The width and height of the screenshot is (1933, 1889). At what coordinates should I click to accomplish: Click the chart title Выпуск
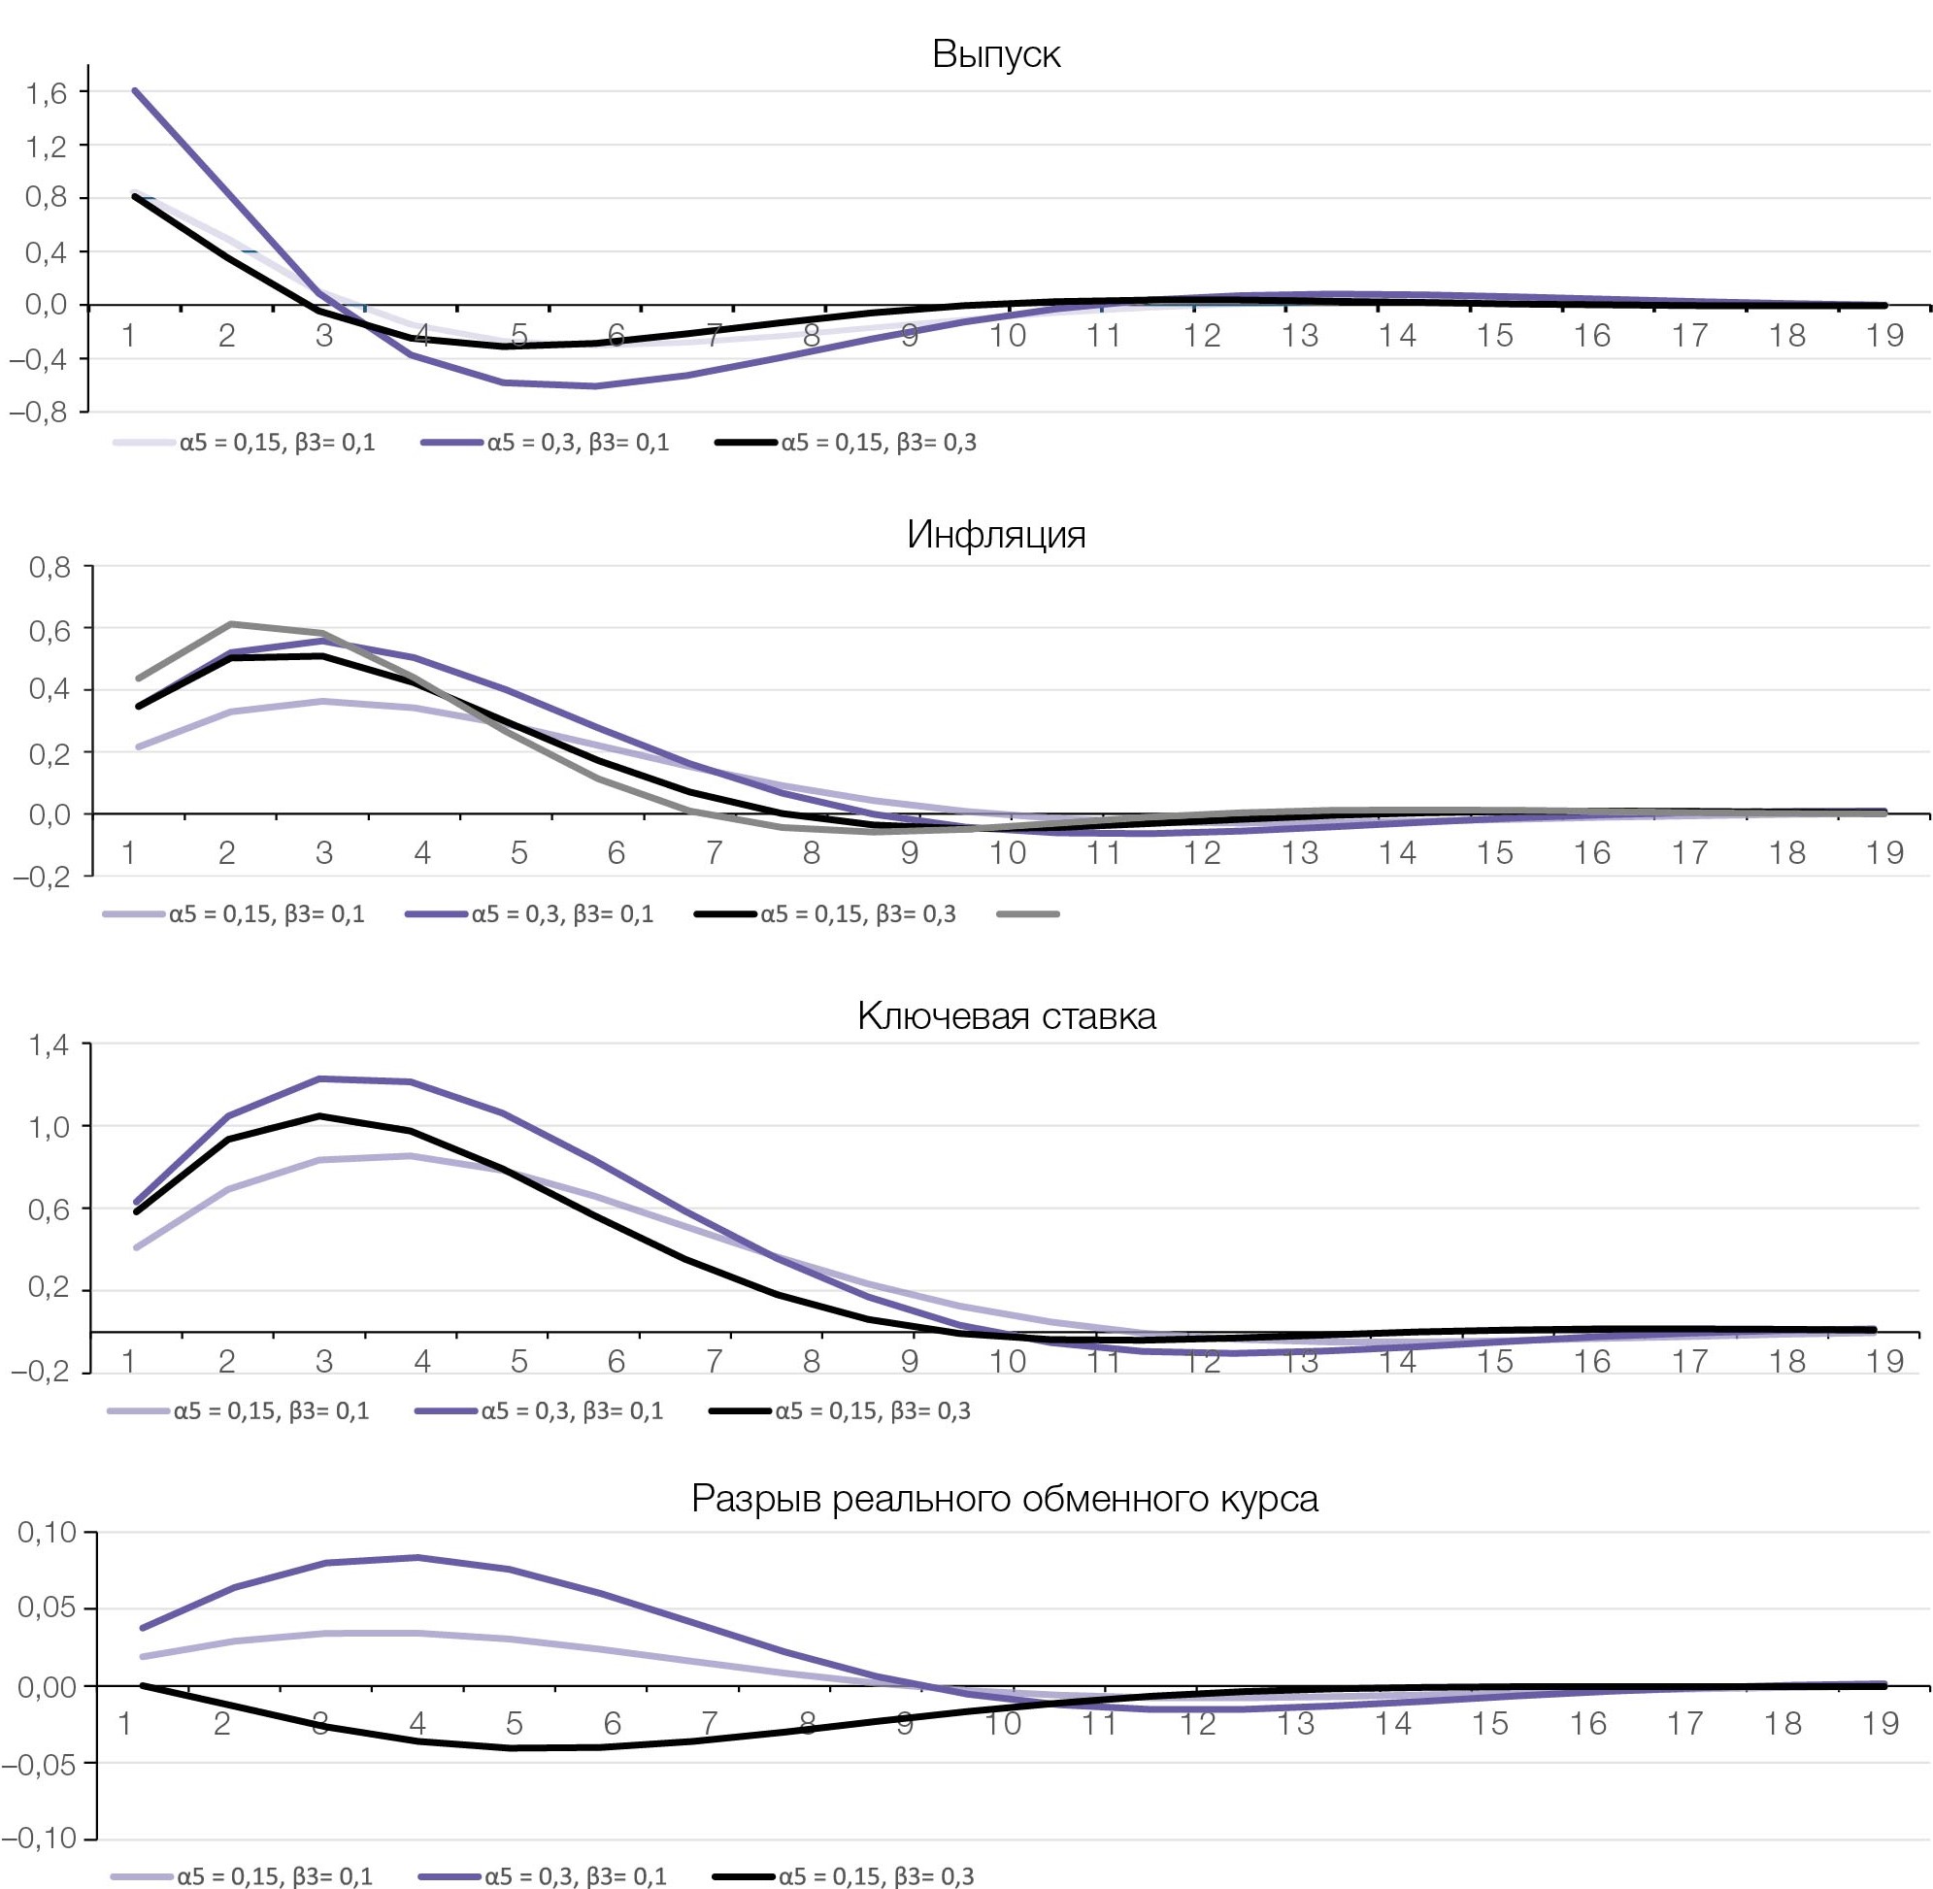click(x=995, y=53)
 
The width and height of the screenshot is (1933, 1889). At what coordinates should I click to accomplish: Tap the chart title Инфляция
click(x=995, y=535)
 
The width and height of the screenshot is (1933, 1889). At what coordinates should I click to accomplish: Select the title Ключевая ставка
click(x=1006, y=1016)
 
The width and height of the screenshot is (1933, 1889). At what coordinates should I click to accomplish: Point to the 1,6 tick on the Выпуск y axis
click(x=47, y=93)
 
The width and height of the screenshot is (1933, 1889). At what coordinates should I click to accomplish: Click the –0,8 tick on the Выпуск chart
click(x=40, y=412)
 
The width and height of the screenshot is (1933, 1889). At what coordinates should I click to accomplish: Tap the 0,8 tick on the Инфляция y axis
click(x=50, y=568)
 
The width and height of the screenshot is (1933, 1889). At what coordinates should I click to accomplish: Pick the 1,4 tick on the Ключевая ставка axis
click(x=49, y=1044)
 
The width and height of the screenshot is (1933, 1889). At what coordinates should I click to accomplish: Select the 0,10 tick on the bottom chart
click(x=48, y=1533)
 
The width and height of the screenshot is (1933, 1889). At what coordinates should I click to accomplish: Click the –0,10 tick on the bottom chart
click(x=40, y=1839)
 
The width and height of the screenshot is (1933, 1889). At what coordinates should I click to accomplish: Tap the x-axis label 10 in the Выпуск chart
click(x=1006, y=335)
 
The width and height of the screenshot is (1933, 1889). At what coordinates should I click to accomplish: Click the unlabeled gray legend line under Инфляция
click(x=1028, y=913)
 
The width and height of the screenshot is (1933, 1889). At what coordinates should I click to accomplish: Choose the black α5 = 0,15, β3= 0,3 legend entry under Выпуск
click(x=846, y=443)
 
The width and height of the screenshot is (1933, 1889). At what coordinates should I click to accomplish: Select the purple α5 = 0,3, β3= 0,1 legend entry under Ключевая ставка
click(x=541, y=1410)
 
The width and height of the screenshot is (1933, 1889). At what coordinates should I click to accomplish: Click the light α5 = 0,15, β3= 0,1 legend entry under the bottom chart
click(x=242, y=1876)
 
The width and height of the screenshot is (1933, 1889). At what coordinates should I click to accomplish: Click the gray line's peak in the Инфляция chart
click(x=230, y=624)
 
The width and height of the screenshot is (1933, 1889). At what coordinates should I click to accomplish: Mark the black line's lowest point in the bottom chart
click(x=514, y=1748)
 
